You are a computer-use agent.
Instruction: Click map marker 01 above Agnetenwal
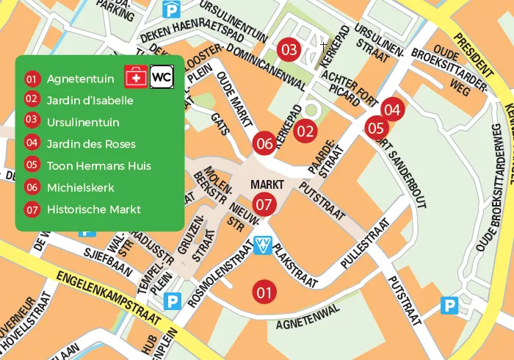(264, 292)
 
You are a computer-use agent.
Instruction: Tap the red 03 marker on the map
(289, 50)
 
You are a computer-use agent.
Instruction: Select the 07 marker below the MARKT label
(264, 204)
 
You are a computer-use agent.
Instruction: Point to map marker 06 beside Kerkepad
(264, 143)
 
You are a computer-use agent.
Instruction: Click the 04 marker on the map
(392, 110)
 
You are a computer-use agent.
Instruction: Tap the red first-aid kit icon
(135, 76)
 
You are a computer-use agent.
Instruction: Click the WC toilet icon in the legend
(162, 76)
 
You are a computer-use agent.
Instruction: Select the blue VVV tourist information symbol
(263, 245)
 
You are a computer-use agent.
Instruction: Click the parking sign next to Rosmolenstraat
(173, 300)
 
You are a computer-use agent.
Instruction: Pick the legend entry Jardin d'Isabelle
(90, 100)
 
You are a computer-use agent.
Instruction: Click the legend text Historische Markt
(93, 209)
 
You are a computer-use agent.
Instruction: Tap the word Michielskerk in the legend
(80, 187)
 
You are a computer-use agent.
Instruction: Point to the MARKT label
(266, 184)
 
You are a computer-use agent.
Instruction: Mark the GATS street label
(218, 127)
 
